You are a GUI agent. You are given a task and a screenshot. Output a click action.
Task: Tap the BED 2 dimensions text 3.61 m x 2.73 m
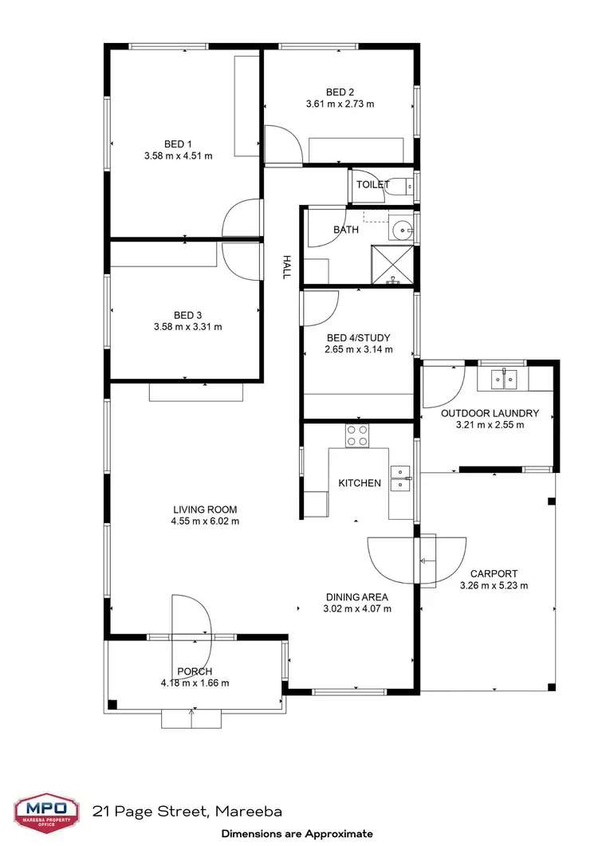(340, 104)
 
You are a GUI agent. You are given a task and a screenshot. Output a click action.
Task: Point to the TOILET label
(373, 184)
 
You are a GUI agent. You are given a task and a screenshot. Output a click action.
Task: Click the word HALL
(285, 267)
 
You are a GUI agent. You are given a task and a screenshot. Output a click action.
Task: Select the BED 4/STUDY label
(358, 337)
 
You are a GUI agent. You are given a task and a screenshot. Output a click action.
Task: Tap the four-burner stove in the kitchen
(357, 435)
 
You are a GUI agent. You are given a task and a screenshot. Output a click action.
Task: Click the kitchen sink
(400, 482)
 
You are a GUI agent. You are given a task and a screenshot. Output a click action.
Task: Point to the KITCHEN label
(360, 483)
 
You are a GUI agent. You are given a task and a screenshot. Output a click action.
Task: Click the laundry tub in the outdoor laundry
(503, 378)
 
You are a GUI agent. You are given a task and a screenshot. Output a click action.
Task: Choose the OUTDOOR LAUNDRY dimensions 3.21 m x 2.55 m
(490, 425)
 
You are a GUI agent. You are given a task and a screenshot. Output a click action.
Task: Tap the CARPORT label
(494, 573)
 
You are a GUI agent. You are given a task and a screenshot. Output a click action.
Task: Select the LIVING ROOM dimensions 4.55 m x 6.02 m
(205, 521)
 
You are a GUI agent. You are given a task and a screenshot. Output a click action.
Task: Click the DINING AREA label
(356, 596)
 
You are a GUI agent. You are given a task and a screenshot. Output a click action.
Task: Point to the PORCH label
(195, 671)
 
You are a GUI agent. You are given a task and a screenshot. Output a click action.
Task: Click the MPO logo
(45, 813)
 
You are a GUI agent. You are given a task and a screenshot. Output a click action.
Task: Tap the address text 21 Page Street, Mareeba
(187, 812)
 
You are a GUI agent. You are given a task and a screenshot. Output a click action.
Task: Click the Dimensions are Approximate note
(297, 833)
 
